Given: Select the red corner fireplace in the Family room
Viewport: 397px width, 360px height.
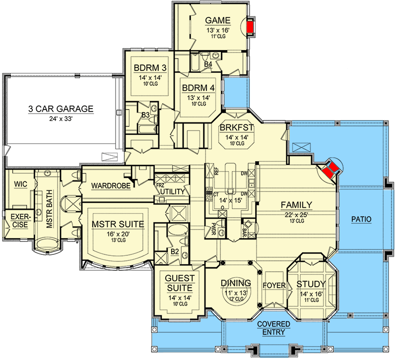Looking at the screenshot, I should [x=331, y=170].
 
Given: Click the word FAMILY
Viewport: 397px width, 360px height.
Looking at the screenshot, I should [x=296, y=204].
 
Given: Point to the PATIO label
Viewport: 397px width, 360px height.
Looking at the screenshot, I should [x=361, y=218].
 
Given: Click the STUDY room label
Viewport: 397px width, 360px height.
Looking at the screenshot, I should [x=311, y=284].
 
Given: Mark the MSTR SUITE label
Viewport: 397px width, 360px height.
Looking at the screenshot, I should [x=118, y=225].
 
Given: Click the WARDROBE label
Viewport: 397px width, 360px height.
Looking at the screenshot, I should [x=111, y=186].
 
